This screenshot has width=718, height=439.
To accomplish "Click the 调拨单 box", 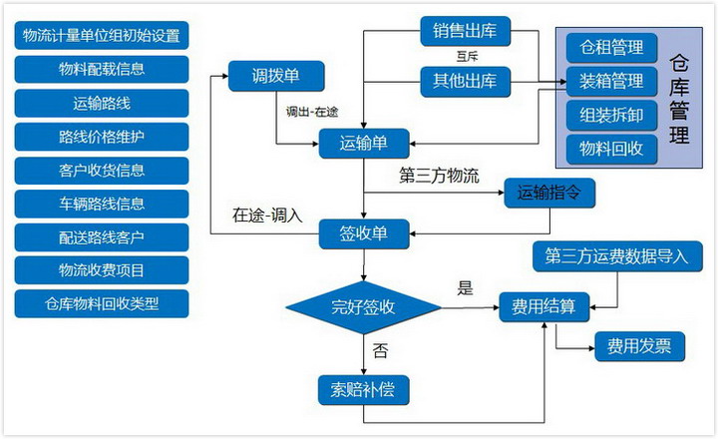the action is pyautogui.click(x=276, y=76).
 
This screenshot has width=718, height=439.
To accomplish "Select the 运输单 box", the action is pyautogui.click(x=364, y=144).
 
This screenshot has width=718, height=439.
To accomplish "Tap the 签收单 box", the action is pyautogui.click(x=364, y=234).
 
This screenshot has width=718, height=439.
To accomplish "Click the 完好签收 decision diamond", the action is pyautogui.click(x=363, y=307).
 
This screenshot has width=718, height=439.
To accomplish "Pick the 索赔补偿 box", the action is pyautogui.click(x=364, y=390).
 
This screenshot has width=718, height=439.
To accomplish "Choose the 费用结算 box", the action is pyautogui.click(x=544, y=306).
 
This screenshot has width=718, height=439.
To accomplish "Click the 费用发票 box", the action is pyautogui.click(x=639, y=346).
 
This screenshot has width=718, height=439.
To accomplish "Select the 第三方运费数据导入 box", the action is pyautogui.click(x=617, y=256).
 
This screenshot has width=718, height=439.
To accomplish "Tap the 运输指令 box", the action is pyautogui.click(x=549, y=193).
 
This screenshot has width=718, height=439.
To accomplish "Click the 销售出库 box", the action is pyautogui.click(x=466, y=31).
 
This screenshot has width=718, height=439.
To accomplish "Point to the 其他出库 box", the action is pyautogui.click(x=466, y=82).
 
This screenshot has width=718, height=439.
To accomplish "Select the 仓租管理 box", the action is pyautogui.click(x=611, y=48).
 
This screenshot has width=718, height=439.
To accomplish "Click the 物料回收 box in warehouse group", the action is pyautogui.click(x=611, y=149).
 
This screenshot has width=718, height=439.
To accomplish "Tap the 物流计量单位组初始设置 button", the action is pyautogui.click(x=102, y=35).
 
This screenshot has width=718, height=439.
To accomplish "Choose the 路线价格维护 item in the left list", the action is pyautogui.click(x=102, y=137).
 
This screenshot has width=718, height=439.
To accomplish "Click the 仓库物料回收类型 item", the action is pyautogui.click(x=102, y=303).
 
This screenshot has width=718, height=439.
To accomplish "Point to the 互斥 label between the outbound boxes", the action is pyautogui.click(x=467, y=57).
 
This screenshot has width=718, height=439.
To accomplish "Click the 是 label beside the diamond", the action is pyautogui.click(x=465, y=288).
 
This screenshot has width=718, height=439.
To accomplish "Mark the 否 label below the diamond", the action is pyautogui.click(x=380, y=351).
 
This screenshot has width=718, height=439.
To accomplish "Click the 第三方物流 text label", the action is pyautogui.click(x=439, y=176).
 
